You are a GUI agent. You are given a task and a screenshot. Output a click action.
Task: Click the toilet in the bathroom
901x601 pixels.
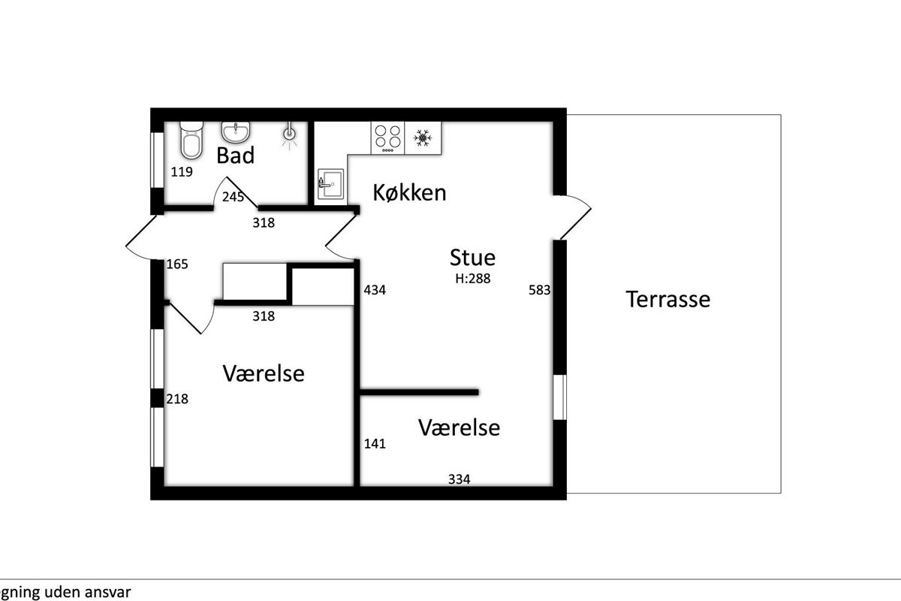[x=191, y=140]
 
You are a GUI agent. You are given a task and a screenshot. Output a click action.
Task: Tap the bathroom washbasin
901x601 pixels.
[x=236, y=132]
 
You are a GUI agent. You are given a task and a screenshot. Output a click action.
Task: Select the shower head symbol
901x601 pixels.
[x=290, y=136]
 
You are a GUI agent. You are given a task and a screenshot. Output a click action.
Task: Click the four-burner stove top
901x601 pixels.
[x=387, y=138]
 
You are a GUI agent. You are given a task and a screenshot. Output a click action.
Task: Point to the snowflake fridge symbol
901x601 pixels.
[x=423, y=137]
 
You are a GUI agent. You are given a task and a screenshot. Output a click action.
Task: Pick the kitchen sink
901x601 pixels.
[x=331, y=184]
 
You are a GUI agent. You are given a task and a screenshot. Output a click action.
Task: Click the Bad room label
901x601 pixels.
[x=236, y=156]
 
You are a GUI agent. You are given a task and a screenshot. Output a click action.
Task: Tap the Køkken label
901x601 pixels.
[x=409, y=192]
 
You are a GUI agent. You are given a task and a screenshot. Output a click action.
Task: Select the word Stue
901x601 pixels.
[x=472, y=258]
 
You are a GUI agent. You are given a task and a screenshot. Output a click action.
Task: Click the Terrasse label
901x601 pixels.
[x=667, y=300]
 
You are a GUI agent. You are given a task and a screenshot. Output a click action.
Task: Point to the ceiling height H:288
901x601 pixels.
[x=472, y=279]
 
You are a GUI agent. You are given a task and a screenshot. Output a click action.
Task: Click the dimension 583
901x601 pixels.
[x=539, y=290]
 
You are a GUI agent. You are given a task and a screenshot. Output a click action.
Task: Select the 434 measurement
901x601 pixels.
[x=375, y=290]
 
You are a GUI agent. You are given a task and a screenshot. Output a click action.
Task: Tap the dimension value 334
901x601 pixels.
[x=459, y=479]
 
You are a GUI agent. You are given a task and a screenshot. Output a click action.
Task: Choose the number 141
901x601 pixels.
[x=375, y=443]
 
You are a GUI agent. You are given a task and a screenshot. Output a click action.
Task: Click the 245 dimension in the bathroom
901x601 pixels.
[x=233, y=197]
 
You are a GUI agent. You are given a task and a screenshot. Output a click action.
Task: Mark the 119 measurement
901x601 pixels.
[x=182, y=172]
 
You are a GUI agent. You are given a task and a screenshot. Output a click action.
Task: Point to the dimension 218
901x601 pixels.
[x=177, y=399]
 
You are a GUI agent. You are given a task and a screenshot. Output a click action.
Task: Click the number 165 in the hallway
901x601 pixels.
[x=177, y=264]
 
